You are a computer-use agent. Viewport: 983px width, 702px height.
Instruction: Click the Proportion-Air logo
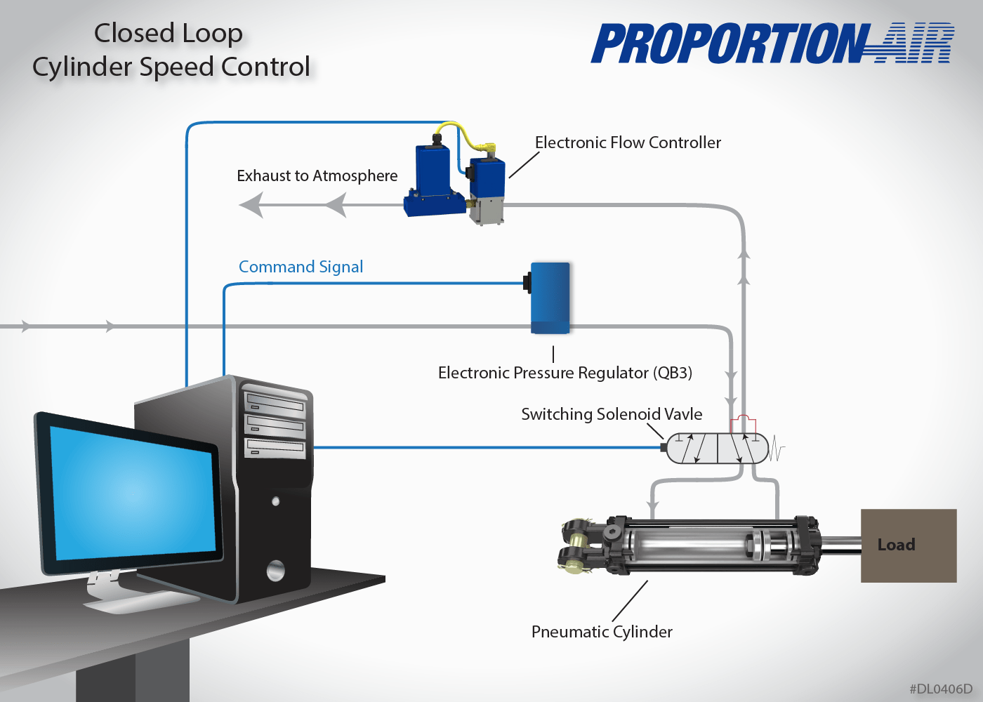point(772,44)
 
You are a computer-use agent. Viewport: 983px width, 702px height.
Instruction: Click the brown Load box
point(909,545)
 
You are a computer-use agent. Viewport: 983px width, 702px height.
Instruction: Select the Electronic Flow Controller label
point(628,143)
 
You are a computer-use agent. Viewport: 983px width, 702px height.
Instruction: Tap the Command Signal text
point(301,267)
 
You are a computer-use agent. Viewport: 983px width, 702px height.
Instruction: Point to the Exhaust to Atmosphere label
point(317,175)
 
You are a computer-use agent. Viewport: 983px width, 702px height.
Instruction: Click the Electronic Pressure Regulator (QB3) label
point(565,373)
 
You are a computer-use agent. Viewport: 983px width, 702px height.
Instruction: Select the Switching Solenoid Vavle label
point(612,414)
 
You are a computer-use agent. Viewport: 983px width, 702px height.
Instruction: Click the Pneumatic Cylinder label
point(602,632)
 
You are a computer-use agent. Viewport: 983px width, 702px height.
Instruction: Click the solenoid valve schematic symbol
point(717,449)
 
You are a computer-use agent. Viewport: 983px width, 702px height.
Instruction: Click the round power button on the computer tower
point(275,570)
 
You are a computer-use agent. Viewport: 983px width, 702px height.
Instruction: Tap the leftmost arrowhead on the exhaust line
point(251,206)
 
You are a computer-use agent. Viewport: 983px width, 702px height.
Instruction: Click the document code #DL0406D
point(941,689)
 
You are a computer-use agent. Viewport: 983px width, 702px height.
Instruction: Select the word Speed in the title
point(178,67)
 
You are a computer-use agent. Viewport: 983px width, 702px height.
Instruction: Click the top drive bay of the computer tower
point(275,403)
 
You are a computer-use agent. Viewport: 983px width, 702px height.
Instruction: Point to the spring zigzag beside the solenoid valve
point(777,449)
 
